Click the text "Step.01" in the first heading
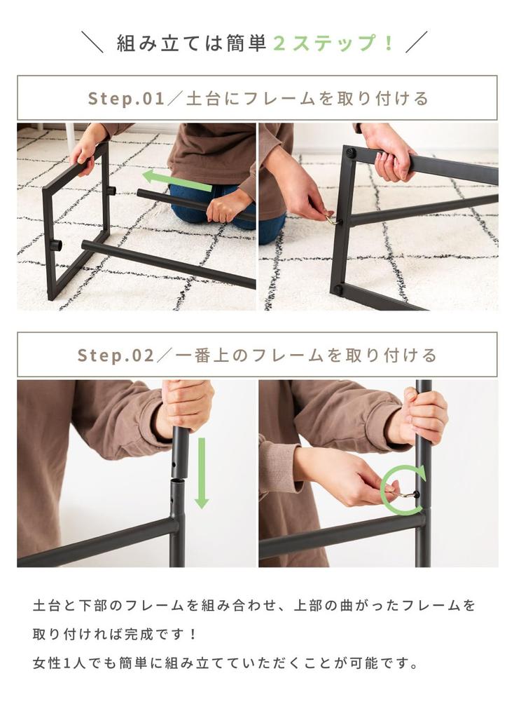[x=126, y=98]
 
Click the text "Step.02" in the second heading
[x=116, y=355]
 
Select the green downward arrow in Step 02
[x=202, y=473]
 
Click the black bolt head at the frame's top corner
[x=349, y=151]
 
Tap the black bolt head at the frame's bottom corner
[x=338, y=290]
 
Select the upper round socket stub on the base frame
[x=110, y=189]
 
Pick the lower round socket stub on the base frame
[x=55, y=245]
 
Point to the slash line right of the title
[x=417, y=42]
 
